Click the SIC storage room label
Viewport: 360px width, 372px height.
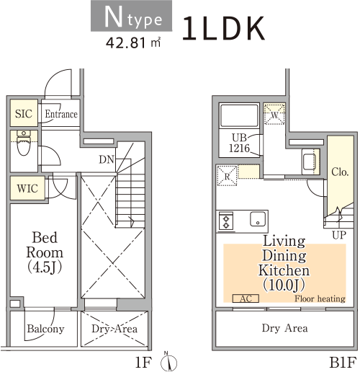click(x=24, y=113)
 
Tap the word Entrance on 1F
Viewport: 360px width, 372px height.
click(x=61, y=114)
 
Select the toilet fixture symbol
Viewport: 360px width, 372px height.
click(x=24, y=143)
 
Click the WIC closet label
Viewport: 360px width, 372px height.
click(x=27, y=188)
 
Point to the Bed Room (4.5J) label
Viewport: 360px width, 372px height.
click(x=45, y=252)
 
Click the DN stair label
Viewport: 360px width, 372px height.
click(x=107, y=159)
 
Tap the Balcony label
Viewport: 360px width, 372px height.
click(x=45, y=329)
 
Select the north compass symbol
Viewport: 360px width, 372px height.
click(x=168, y=362)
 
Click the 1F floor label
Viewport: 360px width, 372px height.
click(x=143, y=362)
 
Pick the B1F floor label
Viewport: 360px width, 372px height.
click(x=343, y=363)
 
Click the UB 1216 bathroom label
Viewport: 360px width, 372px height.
click(x=239, y=143)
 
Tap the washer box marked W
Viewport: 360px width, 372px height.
click(x=274, y=114)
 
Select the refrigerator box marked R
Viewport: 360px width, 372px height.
click(x=227, y=176)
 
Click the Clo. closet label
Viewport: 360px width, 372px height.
click(x=340, y=172)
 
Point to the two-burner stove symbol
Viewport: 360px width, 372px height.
click(x=226, y=221)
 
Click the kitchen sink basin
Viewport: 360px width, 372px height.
click(x=258, y=219)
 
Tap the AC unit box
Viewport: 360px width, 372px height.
click(x=246, y=298)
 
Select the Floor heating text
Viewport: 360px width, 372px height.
click(x=320, y=298)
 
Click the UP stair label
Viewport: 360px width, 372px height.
click(x=339, y=235)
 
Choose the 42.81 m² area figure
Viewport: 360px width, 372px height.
click(x=133, y=43)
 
